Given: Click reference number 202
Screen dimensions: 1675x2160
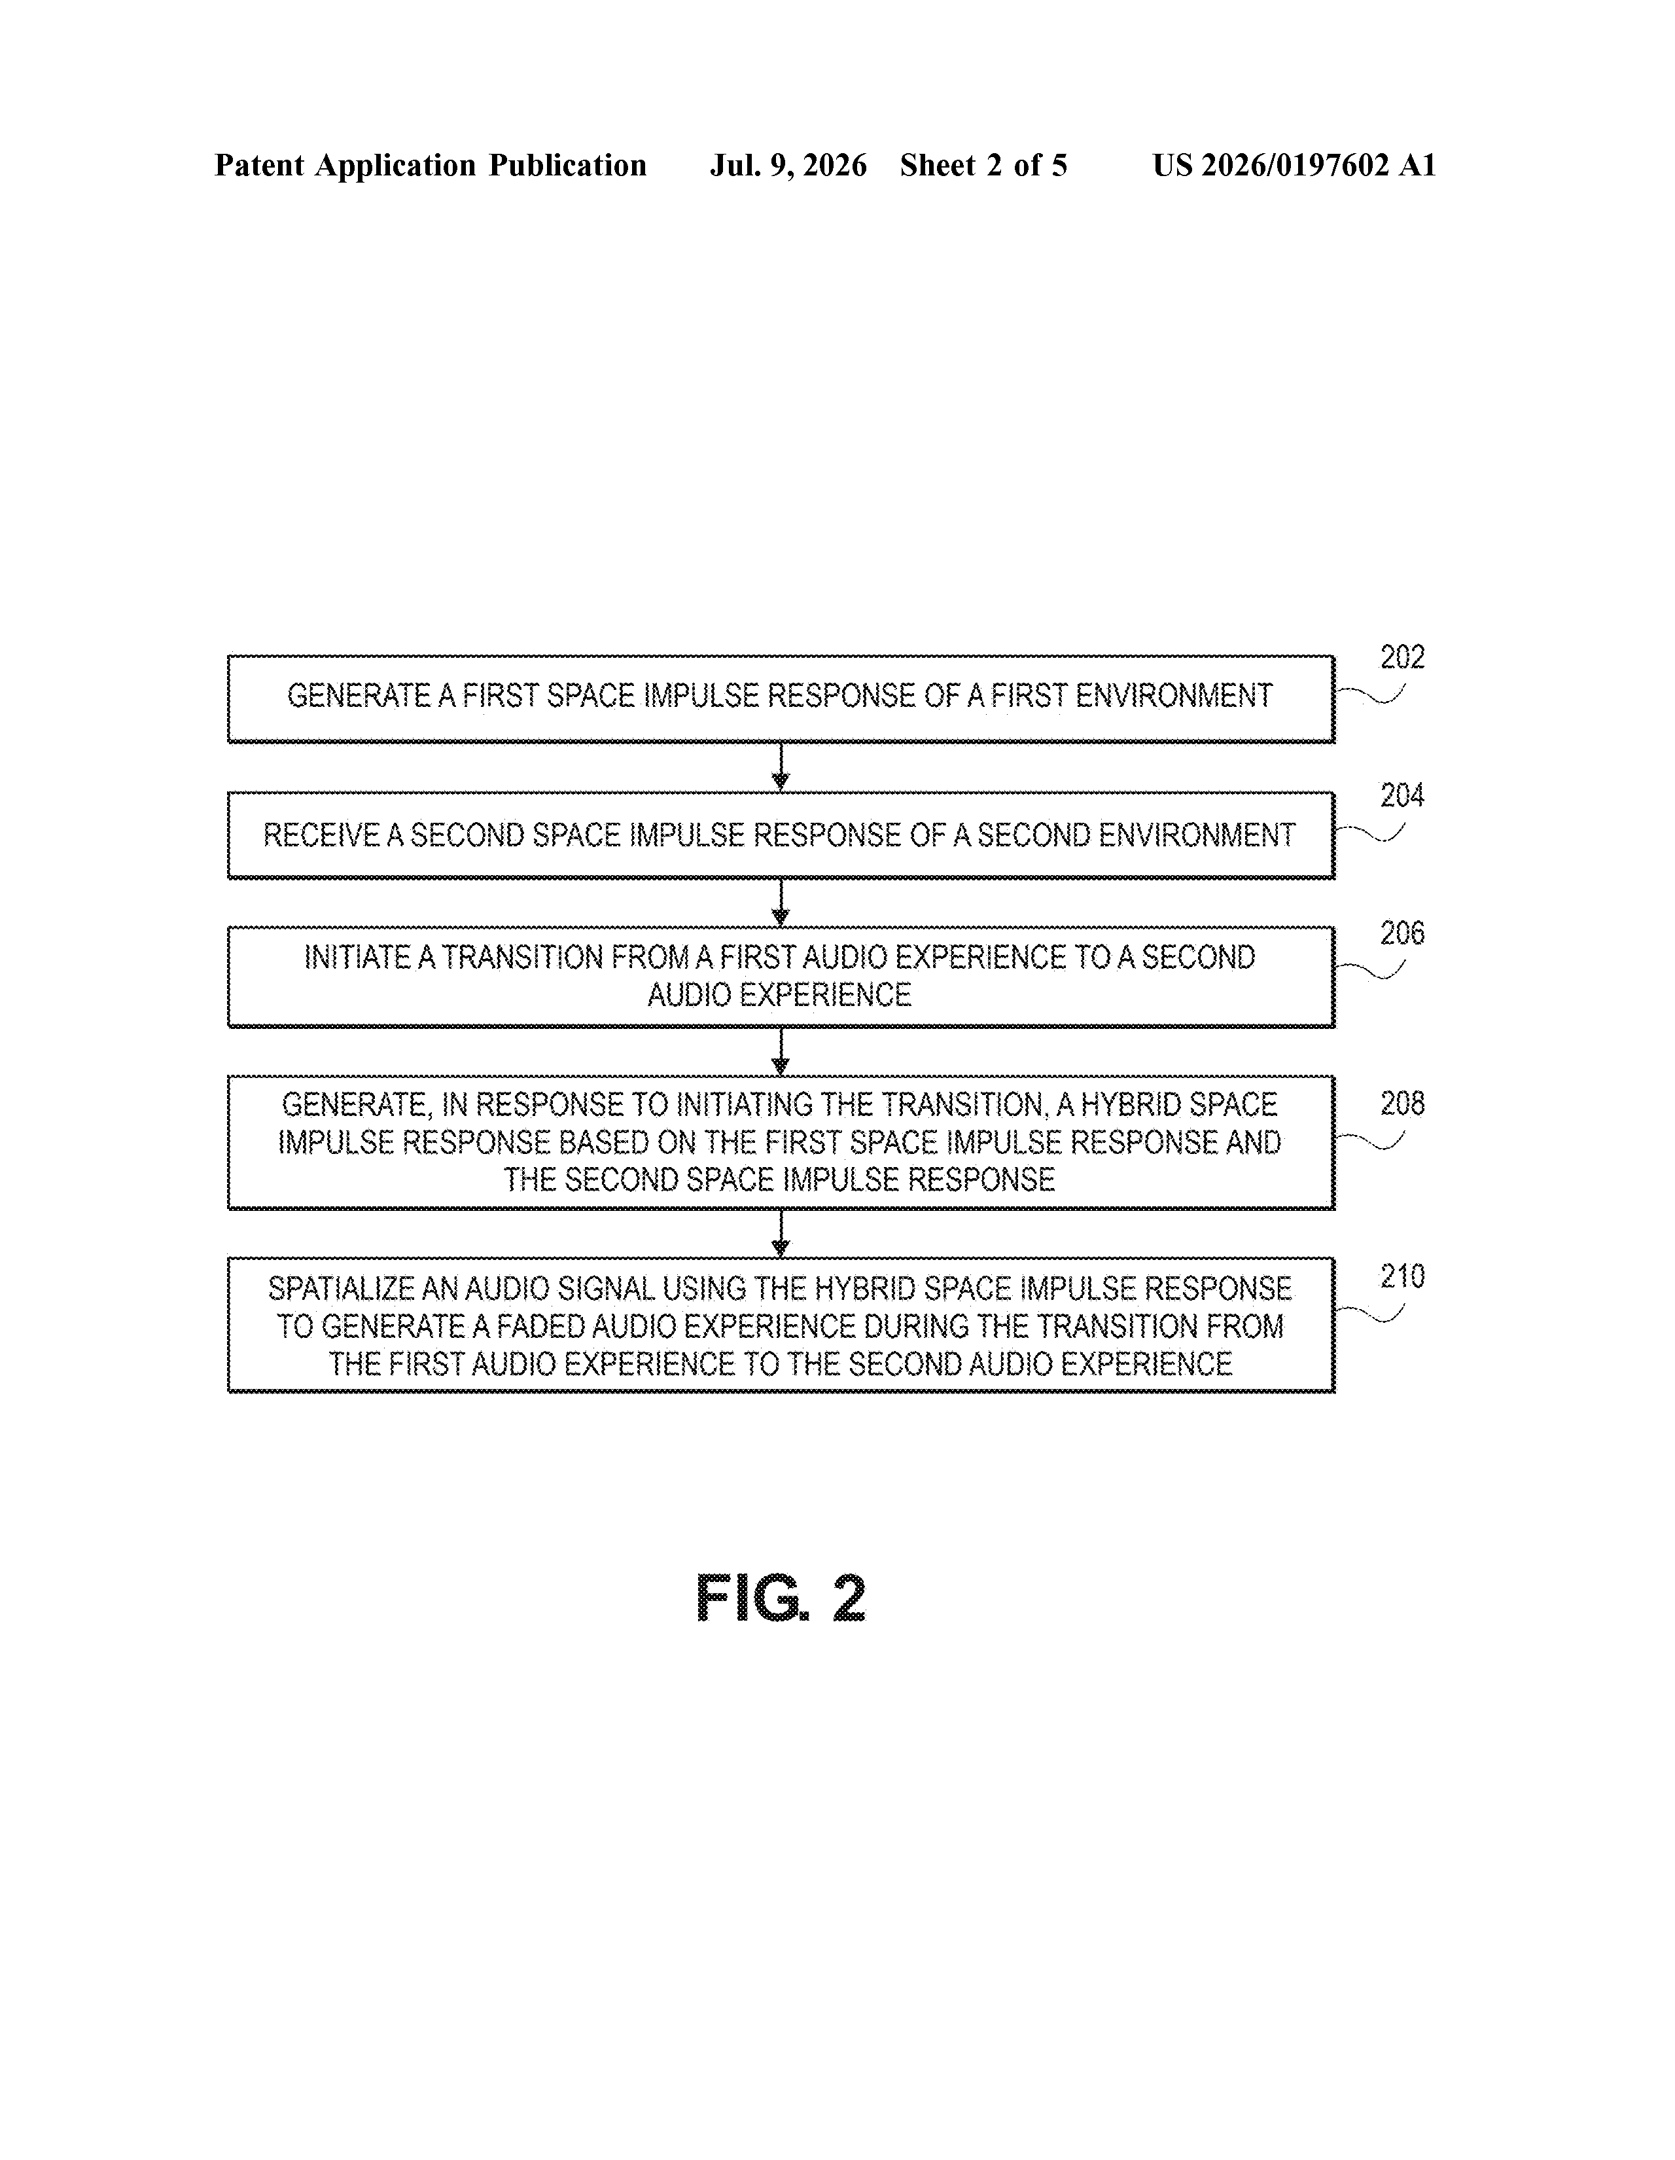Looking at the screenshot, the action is (1402, 658).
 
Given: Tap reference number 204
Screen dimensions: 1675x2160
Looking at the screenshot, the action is (1402, 795).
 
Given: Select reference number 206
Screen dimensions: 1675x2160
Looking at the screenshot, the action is (1402, 933).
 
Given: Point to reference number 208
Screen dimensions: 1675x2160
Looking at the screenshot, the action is (1402, 1104).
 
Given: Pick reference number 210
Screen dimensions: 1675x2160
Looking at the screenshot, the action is (1402, 1277).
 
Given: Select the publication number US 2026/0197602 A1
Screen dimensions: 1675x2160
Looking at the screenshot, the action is (1294, 165).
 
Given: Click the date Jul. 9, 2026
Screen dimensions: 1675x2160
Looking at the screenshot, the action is (788, 165).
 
